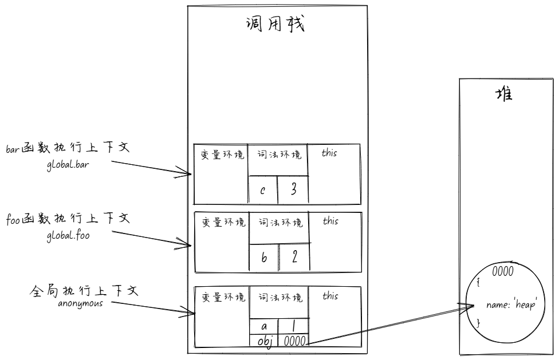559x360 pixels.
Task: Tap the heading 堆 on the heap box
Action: click(504, 94)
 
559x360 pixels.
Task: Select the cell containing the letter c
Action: click(262, 189)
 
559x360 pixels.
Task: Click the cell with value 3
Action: click(293, 189)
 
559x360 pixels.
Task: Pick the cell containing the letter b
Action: click(264, 257)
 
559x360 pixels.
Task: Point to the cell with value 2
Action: click(294, 257)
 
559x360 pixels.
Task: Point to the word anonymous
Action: click(80, 303)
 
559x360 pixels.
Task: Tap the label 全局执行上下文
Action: click(84, 290)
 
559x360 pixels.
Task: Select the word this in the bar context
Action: click(330, 153)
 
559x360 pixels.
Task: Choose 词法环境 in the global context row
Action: click(279, 298)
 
